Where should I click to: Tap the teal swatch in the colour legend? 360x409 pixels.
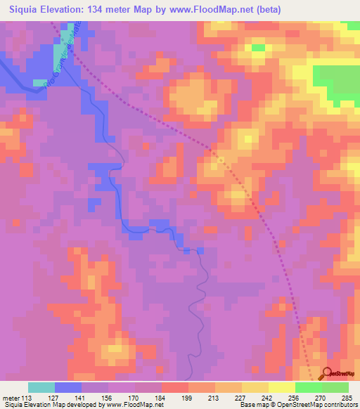pyautogui.click(x=41, y=387)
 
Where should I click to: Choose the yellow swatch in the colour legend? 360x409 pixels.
pyautogui.click(x=281, y=387)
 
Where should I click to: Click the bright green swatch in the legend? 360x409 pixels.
pyautogui.click(x=308, y=387)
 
